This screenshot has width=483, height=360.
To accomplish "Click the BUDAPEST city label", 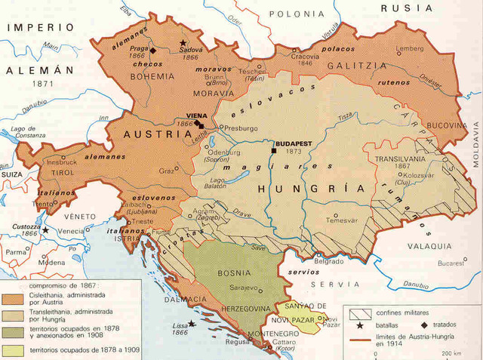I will click(x=294, y=142).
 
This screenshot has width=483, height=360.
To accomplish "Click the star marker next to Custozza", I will click(x=45, y=229).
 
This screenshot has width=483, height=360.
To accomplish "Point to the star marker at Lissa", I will click(x=192, y=323).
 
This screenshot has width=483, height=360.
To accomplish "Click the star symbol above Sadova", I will click(x=181, y=43).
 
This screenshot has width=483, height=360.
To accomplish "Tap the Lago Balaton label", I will click(x=217, y=184).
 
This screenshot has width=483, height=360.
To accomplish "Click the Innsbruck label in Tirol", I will click(x=61, y=162).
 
